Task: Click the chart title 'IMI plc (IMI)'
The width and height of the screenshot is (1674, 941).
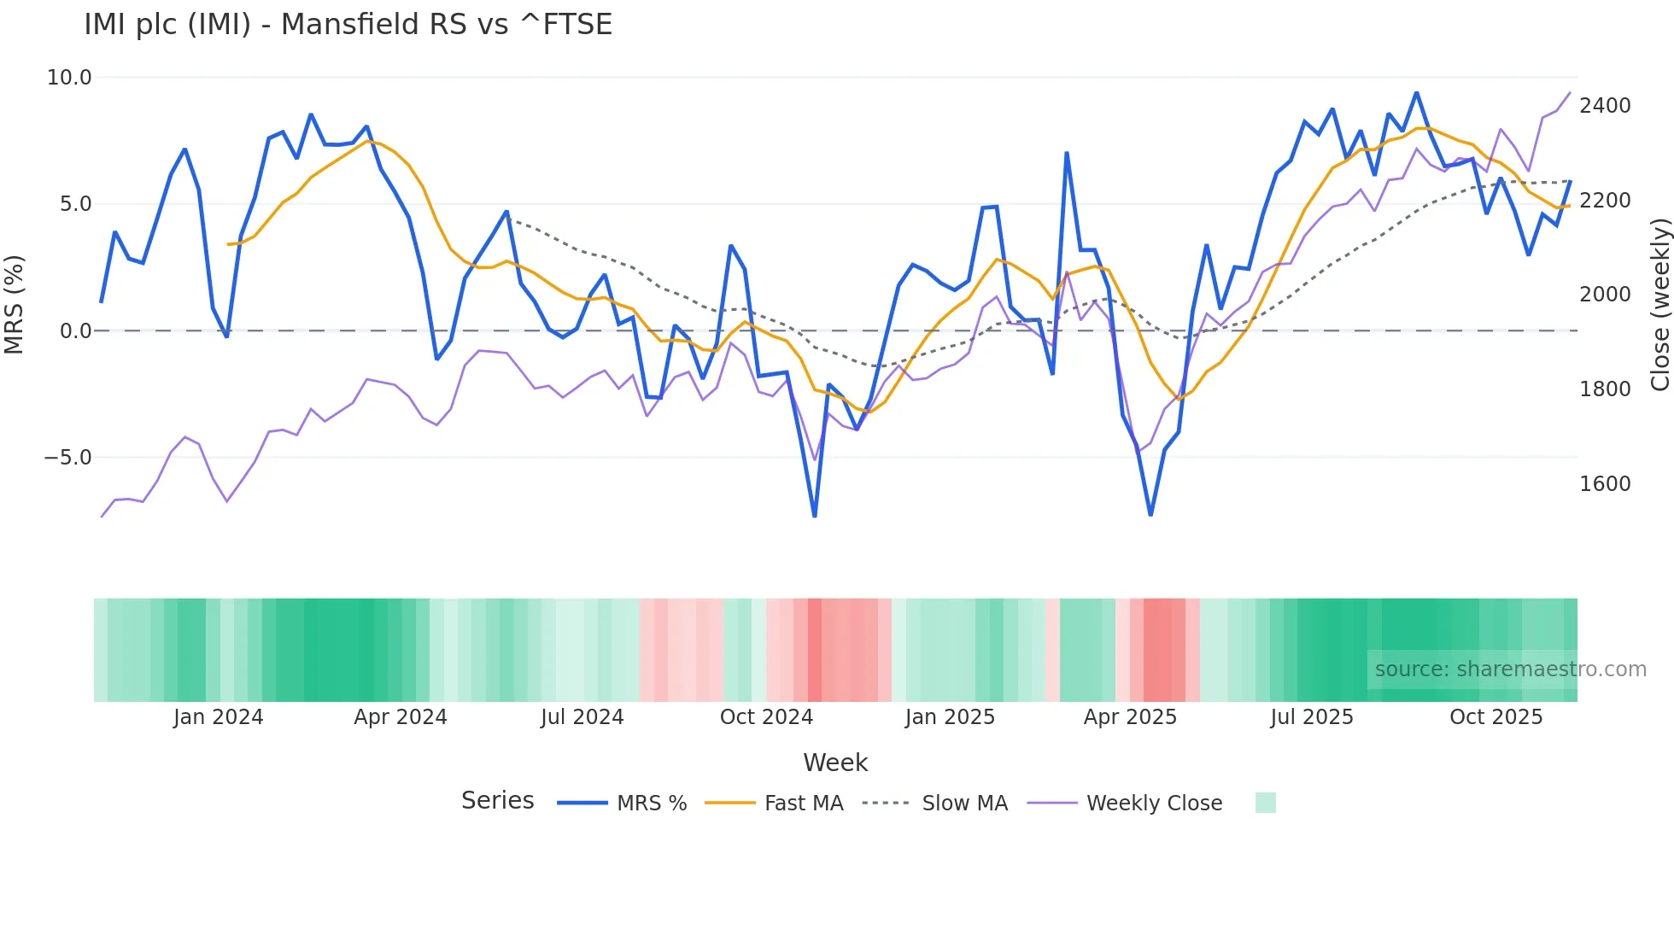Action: (x=348, y=25)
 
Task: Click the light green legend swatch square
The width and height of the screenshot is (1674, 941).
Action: (x=1265, y=803)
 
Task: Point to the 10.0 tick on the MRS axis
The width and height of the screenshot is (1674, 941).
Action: (x=69, y=78)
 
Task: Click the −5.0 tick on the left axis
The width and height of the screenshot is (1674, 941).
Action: (x=67, y=458)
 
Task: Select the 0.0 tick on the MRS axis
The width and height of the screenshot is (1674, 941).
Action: (x=75, y=331)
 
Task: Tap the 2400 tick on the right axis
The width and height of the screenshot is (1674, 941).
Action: (x=1605, y=106)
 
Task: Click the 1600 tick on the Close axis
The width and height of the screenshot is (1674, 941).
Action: (x=1605, y=484)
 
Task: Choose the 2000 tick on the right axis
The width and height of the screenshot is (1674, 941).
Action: (x=1605, y=295)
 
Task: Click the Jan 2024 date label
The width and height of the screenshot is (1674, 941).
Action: (x=218, y=717)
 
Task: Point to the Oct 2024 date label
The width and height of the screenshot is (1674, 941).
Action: (x=766, y=717)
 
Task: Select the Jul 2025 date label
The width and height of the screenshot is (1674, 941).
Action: (x=1311, y=717)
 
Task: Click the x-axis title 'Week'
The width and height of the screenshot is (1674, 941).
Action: (x=835, y=763)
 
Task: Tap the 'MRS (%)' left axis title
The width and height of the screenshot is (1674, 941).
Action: (x=15, y=304)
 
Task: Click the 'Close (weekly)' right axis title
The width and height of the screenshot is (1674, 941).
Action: (x=1659, y=304)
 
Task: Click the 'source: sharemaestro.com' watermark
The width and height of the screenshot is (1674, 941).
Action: (x=1510, y=669)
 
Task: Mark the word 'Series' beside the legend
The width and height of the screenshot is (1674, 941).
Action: (x=497, y=801)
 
